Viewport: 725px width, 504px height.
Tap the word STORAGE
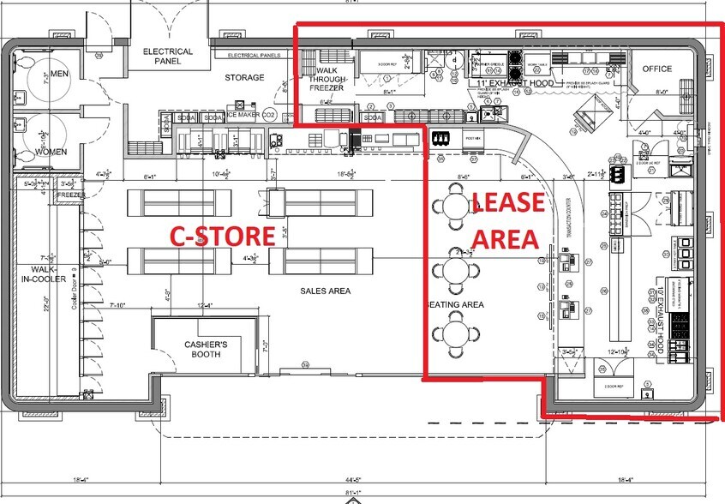tap(244, 77)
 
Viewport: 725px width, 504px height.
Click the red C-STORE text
tap(220, 236)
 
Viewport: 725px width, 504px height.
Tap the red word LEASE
tap(507, 203)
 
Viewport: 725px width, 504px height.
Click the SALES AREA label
tap(325, 291)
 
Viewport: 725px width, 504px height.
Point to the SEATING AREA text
tap(456, 304)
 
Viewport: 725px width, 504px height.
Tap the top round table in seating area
tap(452, 207)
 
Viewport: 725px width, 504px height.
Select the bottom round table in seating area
tap(452, 333)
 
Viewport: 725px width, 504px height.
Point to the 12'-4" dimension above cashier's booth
tap(204, 306)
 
